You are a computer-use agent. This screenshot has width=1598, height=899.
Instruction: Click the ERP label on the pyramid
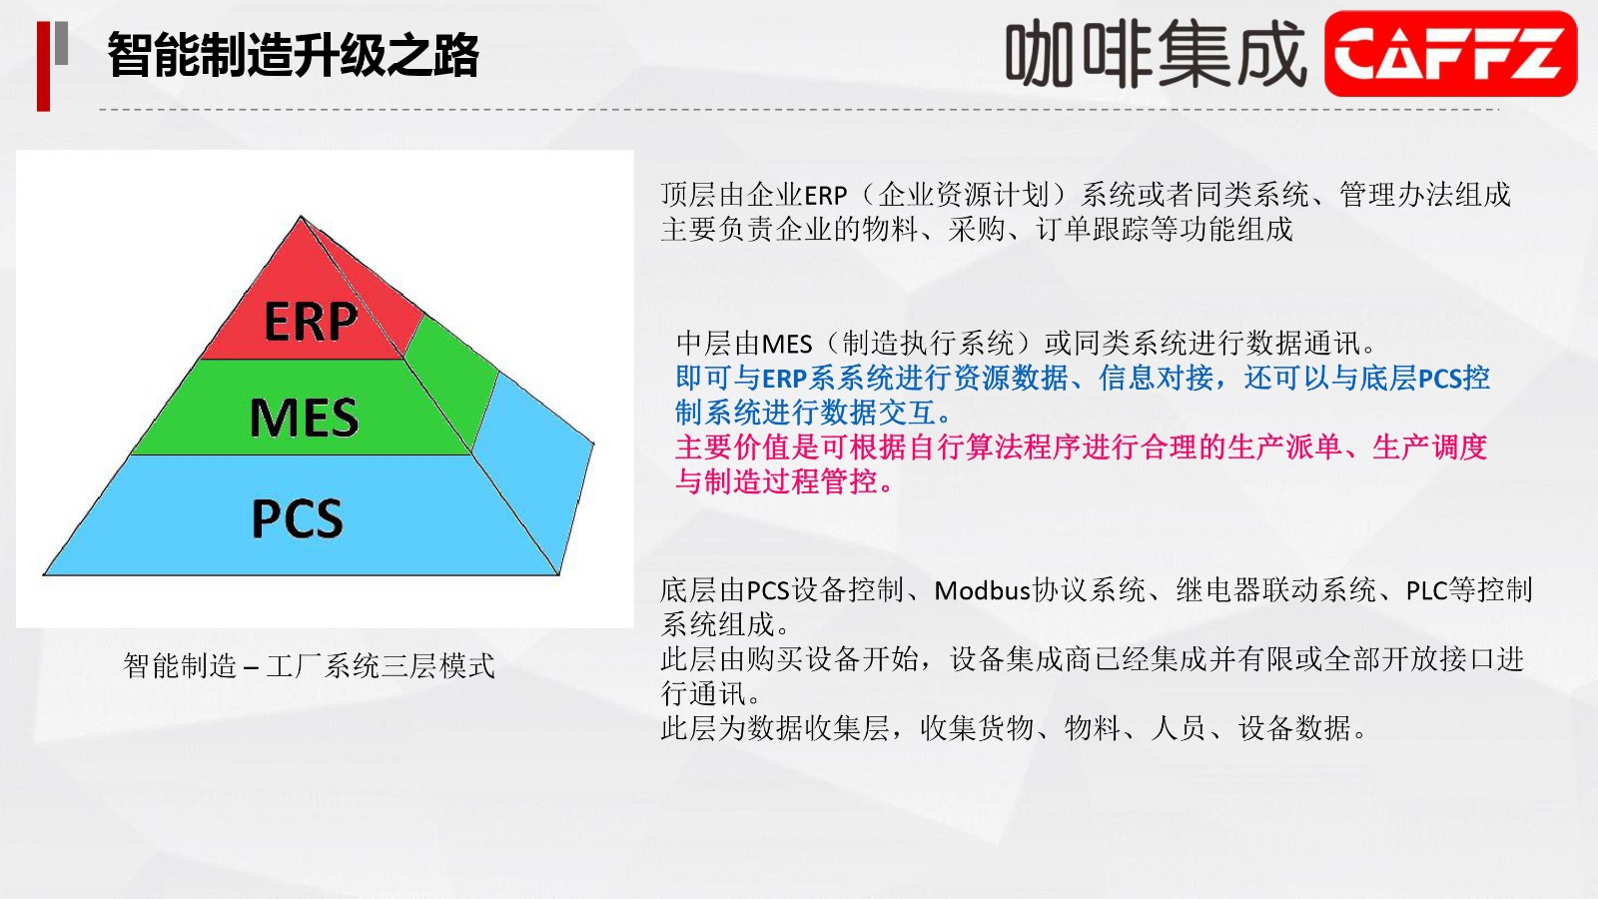click(x=311, y=321)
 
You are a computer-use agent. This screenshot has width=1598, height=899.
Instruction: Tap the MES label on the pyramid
click(x=304, y=418)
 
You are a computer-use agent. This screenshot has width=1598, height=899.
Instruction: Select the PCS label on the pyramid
click(x=298, y=518)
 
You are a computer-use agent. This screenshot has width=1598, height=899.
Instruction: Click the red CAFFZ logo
click(x=1450, y=54)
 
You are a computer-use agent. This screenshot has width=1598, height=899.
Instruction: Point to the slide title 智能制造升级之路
click(x=294, y=54)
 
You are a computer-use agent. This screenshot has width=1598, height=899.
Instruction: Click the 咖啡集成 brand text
click(x=1157, y=54)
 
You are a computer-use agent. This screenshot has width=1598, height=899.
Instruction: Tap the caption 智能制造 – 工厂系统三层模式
click(x=309, y=665)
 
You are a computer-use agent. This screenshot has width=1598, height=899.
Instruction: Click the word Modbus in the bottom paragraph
click(x=983, y=590)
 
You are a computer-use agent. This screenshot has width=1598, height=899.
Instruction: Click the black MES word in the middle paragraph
click(x=787, y=345)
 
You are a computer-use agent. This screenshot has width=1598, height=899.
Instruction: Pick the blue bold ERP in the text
click(x=785, y=379)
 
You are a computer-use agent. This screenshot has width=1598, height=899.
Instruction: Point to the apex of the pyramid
click(x=301, y=216)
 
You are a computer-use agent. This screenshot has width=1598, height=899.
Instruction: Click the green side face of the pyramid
click(x=449, y=379)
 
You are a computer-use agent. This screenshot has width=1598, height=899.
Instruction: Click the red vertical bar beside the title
click(x=43, y=66)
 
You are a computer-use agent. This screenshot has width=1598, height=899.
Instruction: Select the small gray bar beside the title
click(x=61, y=43)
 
